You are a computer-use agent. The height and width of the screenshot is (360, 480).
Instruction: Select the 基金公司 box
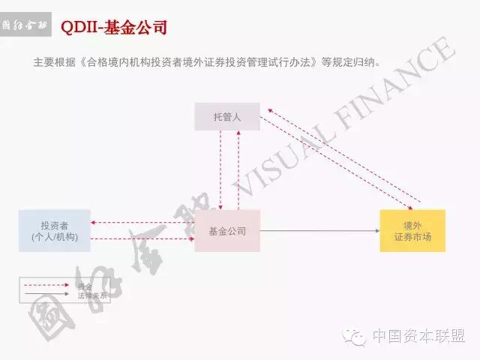point(226,231)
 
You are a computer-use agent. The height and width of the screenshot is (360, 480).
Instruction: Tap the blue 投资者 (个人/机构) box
point(55,231)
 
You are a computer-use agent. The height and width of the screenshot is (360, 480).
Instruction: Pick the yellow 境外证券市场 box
point(412,231)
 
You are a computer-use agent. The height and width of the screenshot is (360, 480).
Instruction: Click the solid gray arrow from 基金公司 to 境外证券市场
point(319,231)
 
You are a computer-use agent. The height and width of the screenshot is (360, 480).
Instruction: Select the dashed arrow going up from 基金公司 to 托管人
point(238,169)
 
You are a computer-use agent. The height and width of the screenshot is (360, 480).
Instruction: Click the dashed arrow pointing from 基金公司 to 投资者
point(142,223)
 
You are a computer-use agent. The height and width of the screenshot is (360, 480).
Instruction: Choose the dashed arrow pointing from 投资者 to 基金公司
point(142,239)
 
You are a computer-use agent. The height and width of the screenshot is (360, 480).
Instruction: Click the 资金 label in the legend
point(85,286)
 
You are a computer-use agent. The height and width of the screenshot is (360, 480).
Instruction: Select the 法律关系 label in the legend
point(92,295)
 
